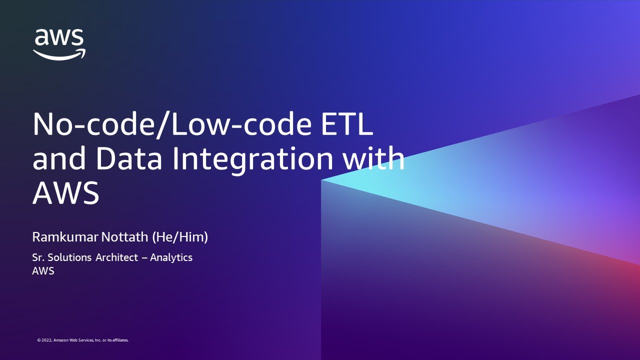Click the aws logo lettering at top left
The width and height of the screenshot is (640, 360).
pyautogui.click(x=59, y=38)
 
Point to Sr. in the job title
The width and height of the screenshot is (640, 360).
pyautogui.click(x=38, y=257)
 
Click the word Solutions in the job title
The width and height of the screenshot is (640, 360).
pyautogui.click(x=69, y=257)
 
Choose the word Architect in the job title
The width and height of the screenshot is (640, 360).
pyautogui.click(x=119, y=257)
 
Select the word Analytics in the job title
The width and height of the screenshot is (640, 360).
pyautogui.click(x=171, y=257)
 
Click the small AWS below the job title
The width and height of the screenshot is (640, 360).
pyautogui.click(x=43, y=271)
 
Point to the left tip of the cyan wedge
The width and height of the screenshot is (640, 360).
pyautogui.click(x=322, y=180)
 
